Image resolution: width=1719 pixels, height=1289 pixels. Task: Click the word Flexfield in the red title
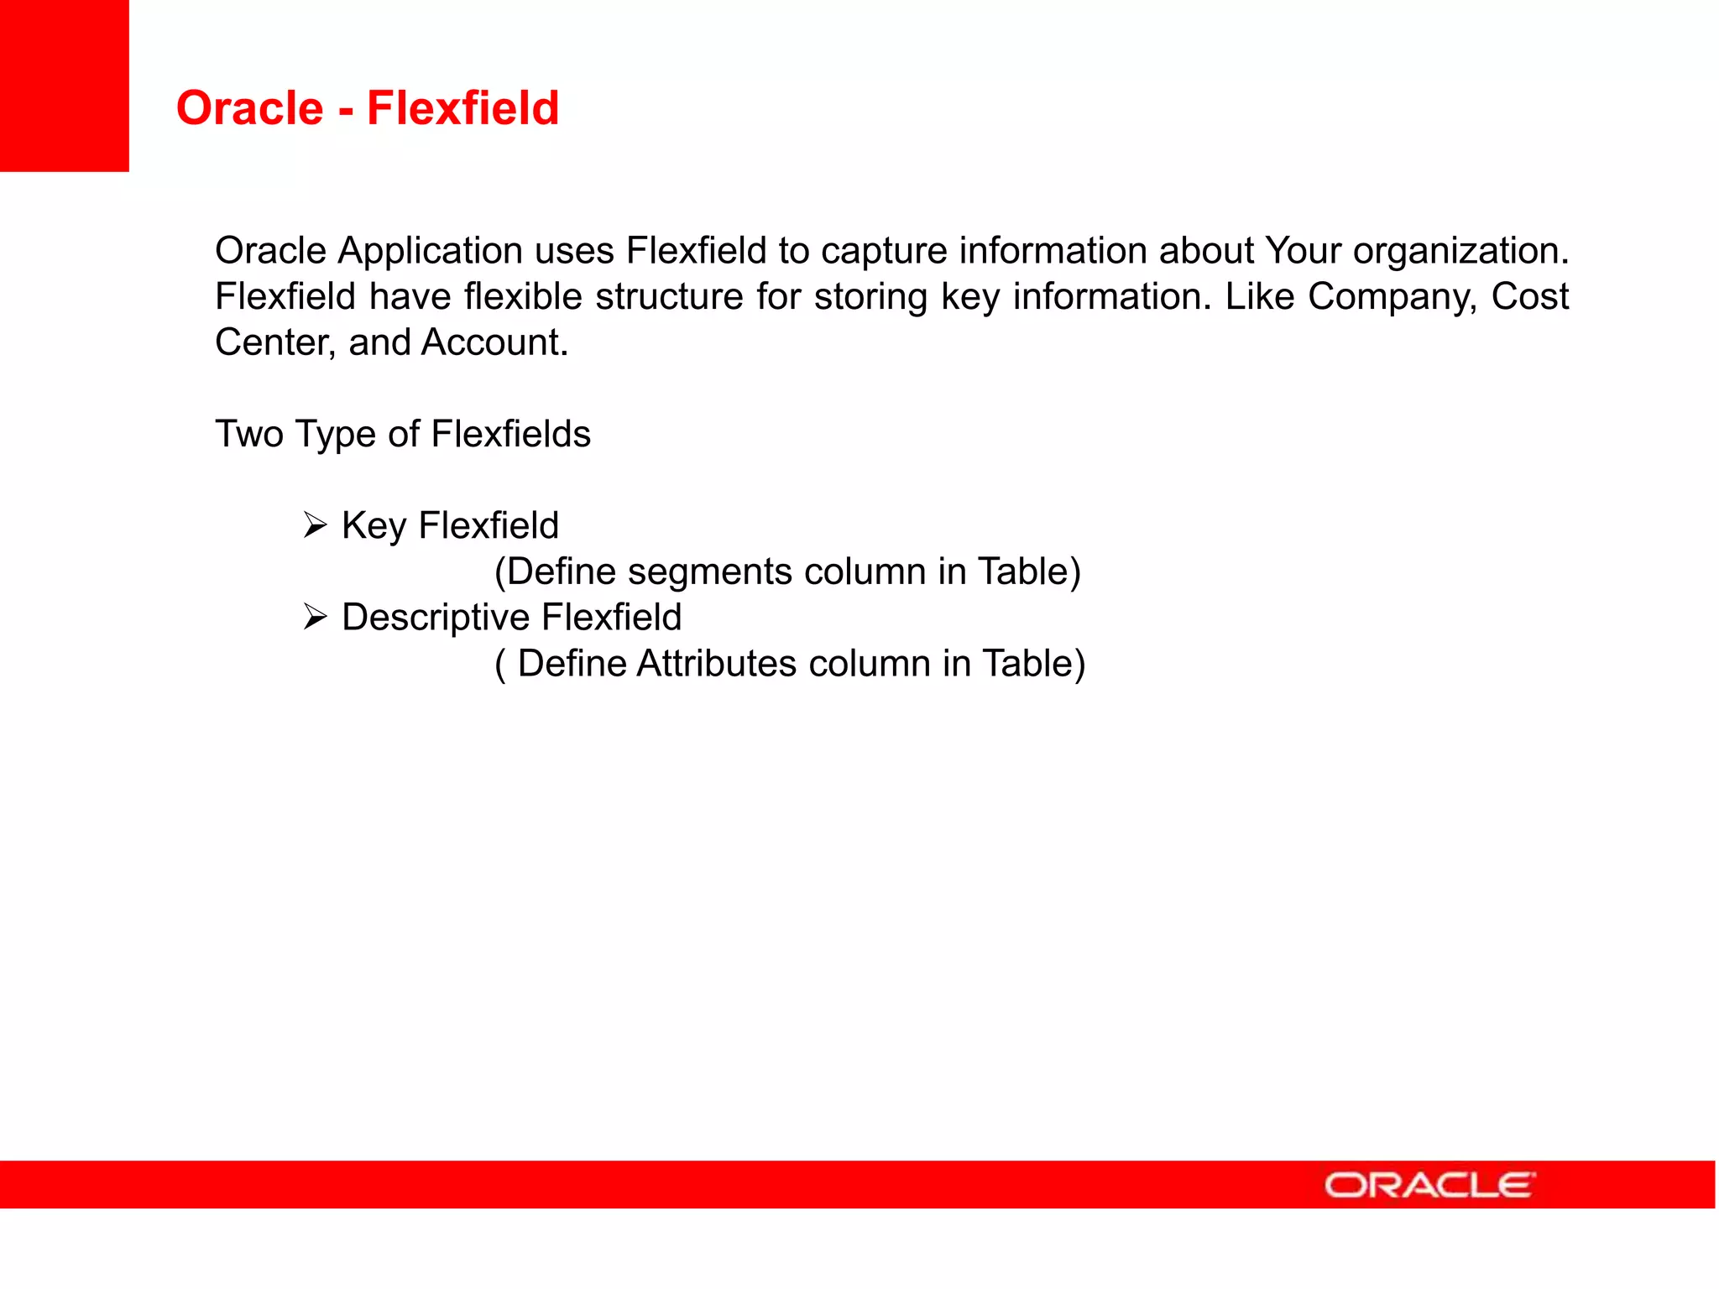tap(462, 108)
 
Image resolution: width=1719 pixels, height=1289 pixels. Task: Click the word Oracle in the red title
tap(249, 108)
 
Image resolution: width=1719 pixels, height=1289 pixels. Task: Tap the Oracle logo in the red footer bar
tap(1429, 1185)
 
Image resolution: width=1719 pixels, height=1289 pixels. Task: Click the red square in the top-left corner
tap(64, 86)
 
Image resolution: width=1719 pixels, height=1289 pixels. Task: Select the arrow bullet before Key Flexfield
tap(315, 526)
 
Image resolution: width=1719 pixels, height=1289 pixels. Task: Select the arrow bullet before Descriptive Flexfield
tap(315, 618)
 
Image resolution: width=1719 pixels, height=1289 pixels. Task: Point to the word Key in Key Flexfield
tap(374, 526)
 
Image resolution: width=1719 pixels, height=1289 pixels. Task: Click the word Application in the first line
tap(431, 251)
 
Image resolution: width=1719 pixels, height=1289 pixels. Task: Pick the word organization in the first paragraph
tap(1460, 251)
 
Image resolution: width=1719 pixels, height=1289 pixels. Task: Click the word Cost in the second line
tap(1529, 297)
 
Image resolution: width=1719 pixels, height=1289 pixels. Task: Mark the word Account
tap(494, 342)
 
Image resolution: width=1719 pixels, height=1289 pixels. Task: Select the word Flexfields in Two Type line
tap(510, 435)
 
